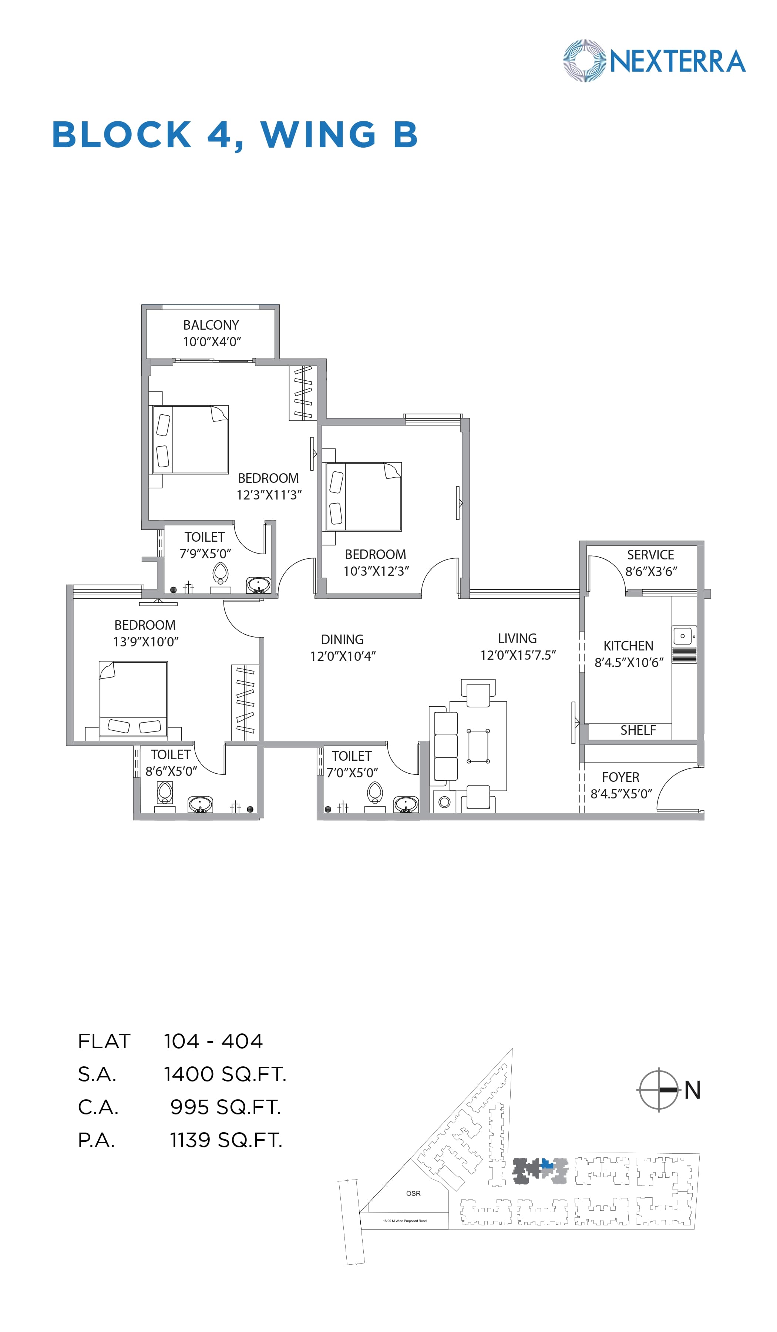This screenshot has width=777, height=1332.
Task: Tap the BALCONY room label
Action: pyautogui.click(x=211, y=325)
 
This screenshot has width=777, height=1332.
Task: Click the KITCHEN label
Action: pyautogui.click(x=628, y=646)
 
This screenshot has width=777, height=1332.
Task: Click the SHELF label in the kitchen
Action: pyautogui.click(x=638, y=730)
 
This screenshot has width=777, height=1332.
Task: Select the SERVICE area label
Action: pyautogui.click(x=650, y=555)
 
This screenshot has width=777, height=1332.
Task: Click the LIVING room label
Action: pyautogui.click(x=517, y=639)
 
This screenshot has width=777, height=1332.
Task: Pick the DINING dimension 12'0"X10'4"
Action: pyautogui.click(x=343, y=656)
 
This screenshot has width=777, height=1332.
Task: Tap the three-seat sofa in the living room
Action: pyautogui.click(x=445, y=746)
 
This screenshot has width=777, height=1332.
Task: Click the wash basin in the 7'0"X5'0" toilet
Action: pyautogui.click(x=406, y=804)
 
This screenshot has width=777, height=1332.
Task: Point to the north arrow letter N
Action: pyautogui.click(x=692, y=1090)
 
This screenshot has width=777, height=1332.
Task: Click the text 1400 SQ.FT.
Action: pyautogui.click(x=225, y=1074)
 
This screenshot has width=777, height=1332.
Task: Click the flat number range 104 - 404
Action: pyautogui.click(x=213, y=1041)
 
